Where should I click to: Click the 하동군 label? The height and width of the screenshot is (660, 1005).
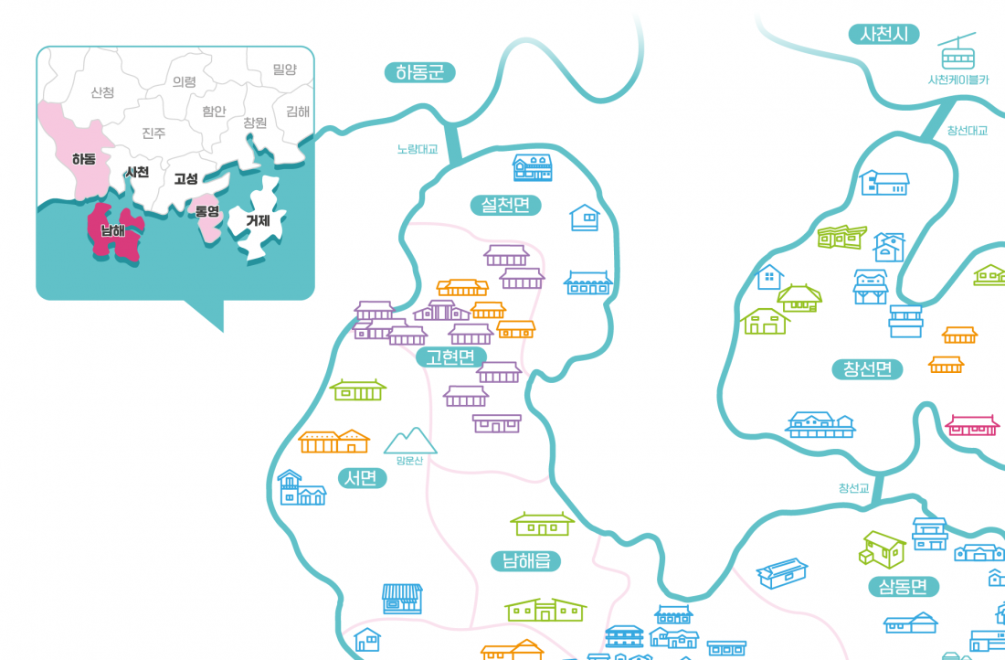pyautogui.click(x=419, y=72)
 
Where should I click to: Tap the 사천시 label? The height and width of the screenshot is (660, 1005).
pyautogui.click(x=883, y=35)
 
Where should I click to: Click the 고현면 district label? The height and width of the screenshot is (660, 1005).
pyautogui.click(x=451, y=357)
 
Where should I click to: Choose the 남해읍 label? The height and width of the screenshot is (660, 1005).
pyautogui.click(x=525, y=560)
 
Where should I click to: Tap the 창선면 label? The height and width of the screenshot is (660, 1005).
pyautogui.click(x=867, y=369)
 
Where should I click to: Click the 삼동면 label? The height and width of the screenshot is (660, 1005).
pyautogui.click(x=904, y=586)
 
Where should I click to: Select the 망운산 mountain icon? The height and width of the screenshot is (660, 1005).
pyautogui.click(x=410, y=441)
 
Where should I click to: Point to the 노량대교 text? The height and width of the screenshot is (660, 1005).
pyautogui.click(x=418, y=148)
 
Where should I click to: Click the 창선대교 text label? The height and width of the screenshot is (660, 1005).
pyautogui.click(x=968, y=130)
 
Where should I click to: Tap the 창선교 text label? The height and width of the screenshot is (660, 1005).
pyautogui.click(x=854, y=487)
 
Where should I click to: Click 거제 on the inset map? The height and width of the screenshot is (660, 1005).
pyautogui.click(x=257, y=219)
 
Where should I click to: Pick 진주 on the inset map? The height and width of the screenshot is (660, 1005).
pyautogui.click(x=153, y=133)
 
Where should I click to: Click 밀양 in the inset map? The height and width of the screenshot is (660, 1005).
pyautogui.click(x=284, y=69)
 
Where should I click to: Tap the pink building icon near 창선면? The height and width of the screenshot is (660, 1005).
pyautogui.click(x=971, y=425)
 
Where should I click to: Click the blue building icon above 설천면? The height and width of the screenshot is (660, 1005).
pyautogui.click(x=533, y=166)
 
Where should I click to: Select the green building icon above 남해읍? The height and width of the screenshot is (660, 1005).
pyautogui.click(x=542, y=523)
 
